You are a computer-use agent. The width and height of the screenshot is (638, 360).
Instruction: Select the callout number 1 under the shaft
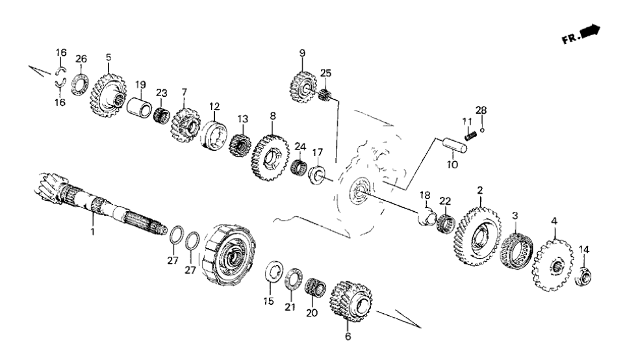tap(92, 231)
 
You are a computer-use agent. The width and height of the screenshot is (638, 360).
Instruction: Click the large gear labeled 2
tap(481, 235)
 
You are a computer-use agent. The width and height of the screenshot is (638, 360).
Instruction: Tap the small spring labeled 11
tap(472, 135)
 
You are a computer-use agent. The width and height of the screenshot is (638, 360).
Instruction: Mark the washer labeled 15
tap(274, 272)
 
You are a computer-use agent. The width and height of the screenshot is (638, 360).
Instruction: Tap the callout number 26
tap(81, 59)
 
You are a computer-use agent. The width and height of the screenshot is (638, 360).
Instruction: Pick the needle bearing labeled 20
tap(315, 285)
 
